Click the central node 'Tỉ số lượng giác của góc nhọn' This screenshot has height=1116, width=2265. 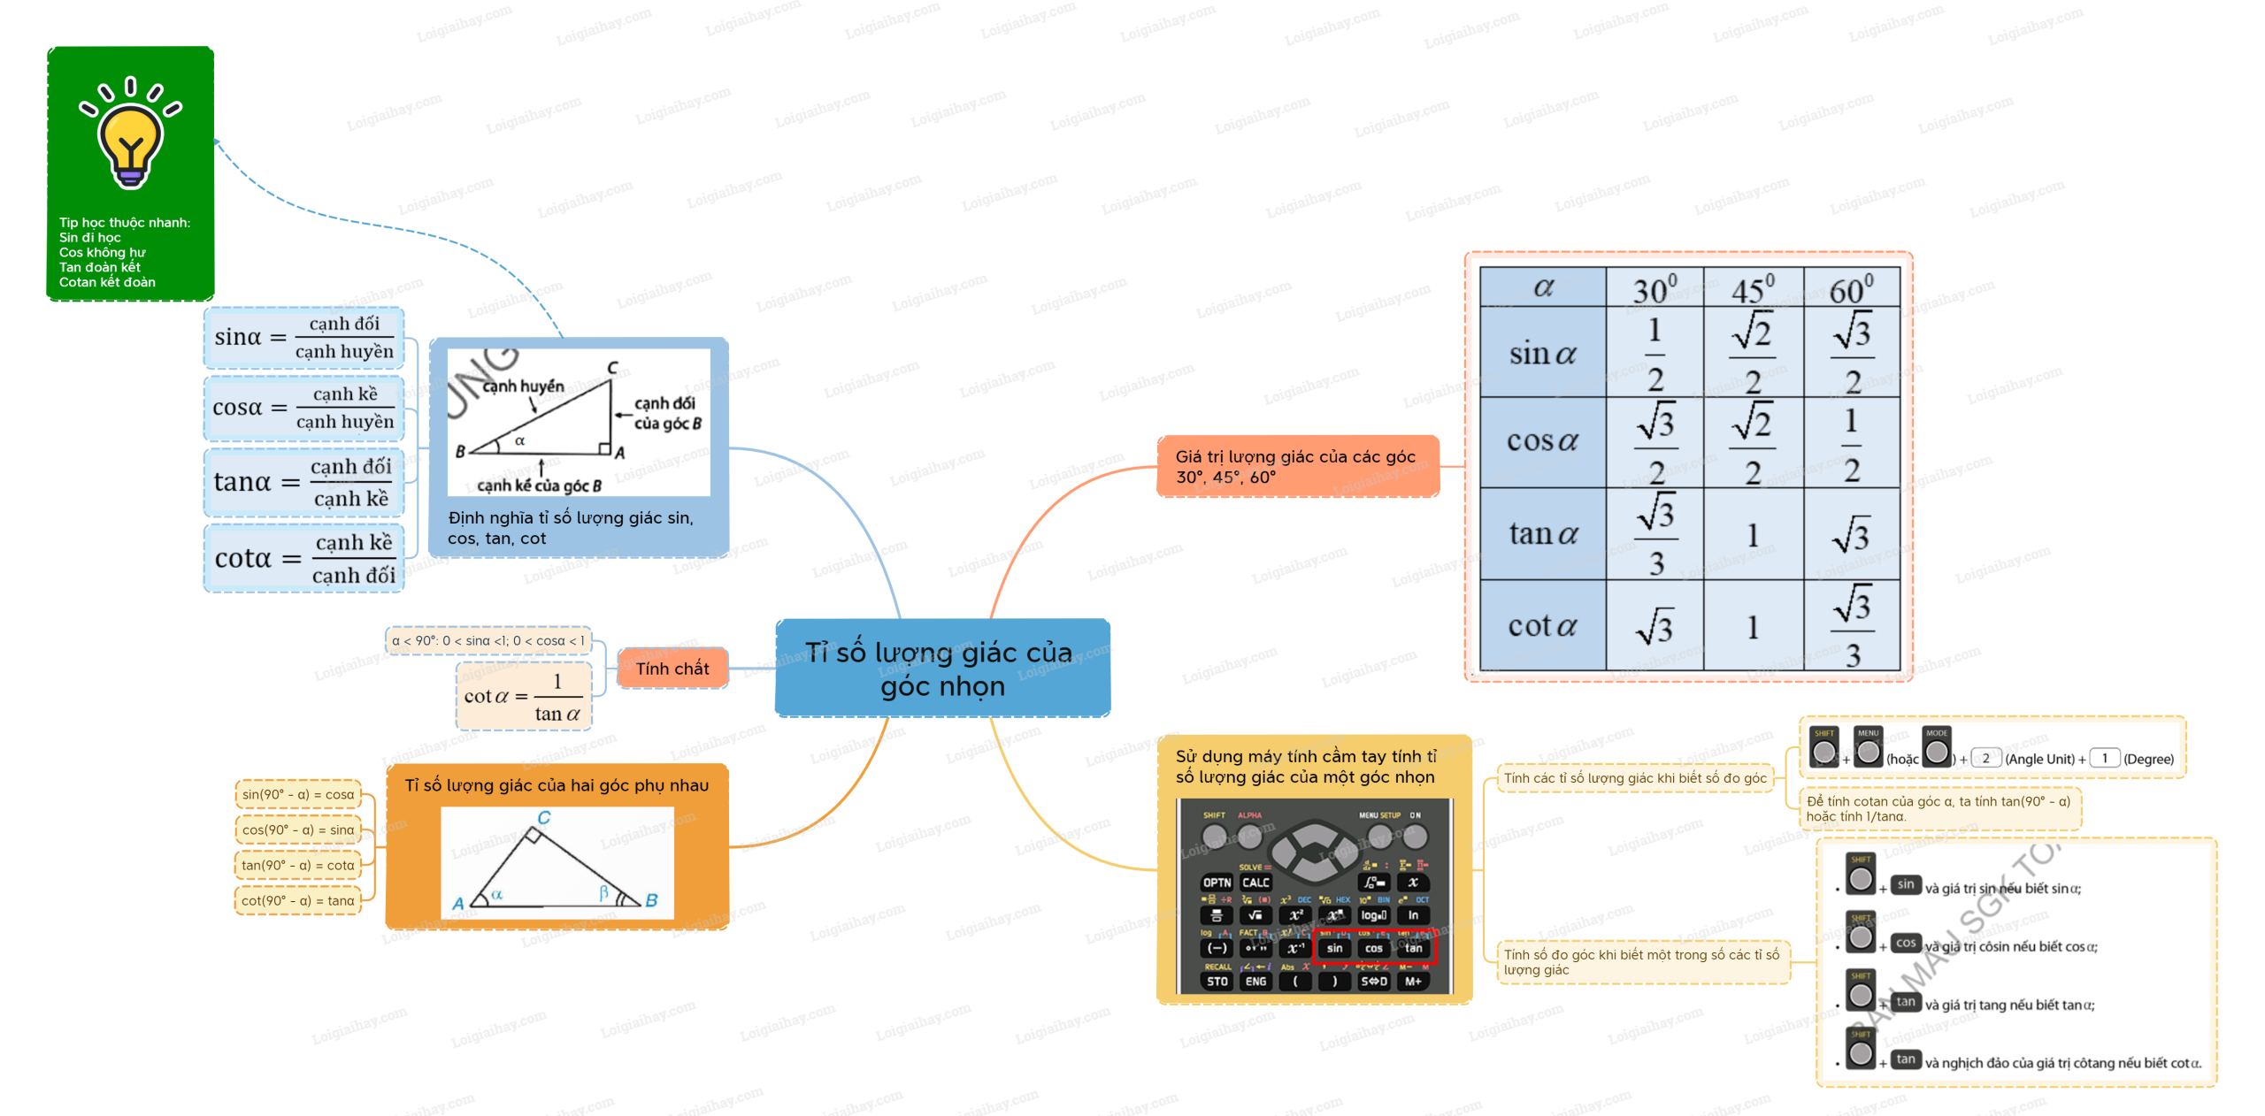(942, 669)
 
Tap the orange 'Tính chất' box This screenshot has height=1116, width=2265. (672, 669)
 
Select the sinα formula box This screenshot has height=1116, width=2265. (303, 338)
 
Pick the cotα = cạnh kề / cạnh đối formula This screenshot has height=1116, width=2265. (303, 559)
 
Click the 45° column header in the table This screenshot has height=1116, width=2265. (1752, 288)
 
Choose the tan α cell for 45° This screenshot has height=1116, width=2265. (1752, 535)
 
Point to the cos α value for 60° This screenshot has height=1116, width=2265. (1851, 444)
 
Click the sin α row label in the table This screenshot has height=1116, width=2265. (1542, 354)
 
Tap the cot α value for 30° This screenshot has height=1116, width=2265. (1654, 627)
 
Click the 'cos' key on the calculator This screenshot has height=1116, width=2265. (1373, 948)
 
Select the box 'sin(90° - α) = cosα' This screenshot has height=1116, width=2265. (298, 795)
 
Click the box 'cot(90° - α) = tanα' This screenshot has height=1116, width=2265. (298, 901)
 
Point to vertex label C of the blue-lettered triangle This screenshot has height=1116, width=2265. (544, 818)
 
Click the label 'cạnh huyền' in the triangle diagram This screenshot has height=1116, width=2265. (523, 386)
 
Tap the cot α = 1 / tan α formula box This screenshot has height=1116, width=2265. (523, 697)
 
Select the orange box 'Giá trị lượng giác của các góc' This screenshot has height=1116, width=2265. (1297, 466)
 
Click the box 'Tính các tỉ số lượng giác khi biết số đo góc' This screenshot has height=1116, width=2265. (1634, 778)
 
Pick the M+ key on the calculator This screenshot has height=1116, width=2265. (1413, 982)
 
